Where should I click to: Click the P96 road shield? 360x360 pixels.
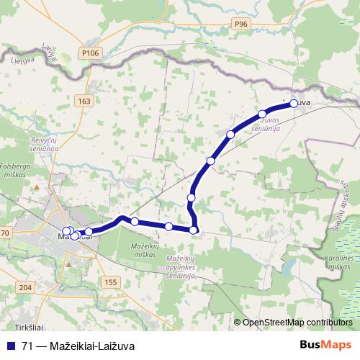point(240,24)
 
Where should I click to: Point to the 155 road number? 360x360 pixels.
point(109,282)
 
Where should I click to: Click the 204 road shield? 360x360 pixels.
point(26,287)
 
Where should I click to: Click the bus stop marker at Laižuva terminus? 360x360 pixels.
point(294,104)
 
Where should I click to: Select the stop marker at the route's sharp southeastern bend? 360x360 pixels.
point(194,230)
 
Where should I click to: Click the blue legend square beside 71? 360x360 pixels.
point(11,345)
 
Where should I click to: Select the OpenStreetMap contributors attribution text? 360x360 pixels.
point(297,323)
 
